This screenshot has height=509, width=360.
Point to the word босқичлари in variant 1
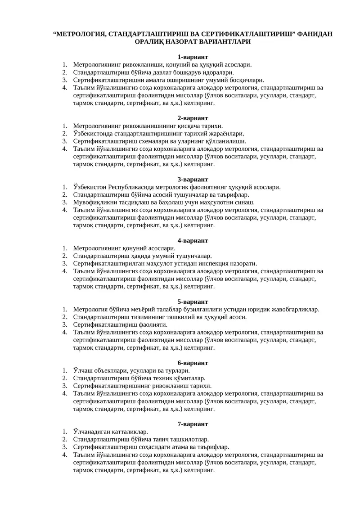(246, 80)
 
